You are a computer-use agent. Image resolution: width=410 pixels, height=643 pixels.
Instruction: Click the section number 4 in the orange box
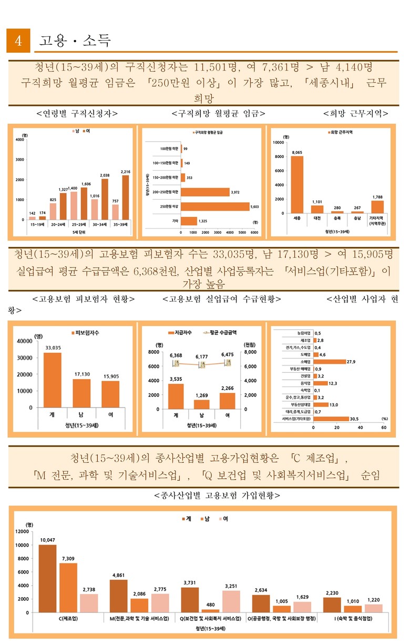click(x=18, y=41)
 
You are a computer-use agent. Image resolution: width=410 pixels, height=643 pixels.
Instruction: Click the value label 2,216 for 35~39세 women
click(x=125, y=172)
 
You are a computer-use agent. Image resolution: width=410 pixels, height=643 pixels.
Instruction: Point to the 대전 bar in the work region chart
click(x=317, y=209)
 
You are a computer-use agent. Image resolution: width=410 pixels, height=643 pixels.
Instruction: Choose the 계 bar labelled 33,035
click(x=53, y=380)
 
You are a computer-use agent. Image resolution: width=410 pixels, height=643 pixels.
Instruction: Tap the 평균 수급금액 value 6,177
click(x=202, y=357)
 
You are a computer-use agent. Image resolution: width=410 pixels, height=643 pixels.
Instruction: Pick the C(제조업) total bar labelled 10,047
click(x=48, y=578)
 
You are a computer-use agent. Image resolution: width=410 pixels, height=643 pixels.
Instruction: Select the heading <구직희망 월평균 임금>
click(x=218, y=113)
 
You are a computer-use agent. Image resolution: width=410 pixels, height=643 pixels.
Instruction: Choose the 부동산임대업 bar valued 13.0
click(x=321, y=404)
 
